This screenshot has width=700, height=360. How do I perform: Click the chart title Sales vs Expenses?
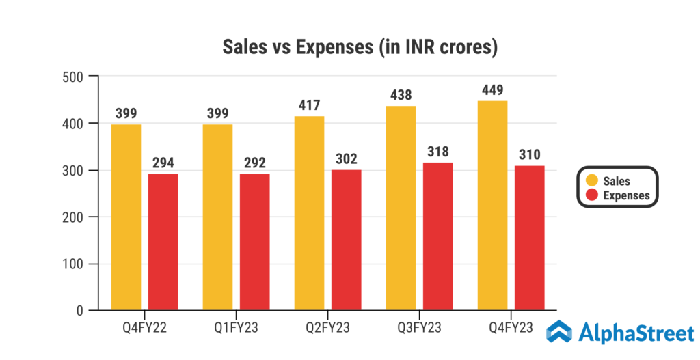click(360, 48)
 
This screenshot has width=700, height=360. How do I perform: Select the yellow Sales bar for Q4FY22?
click(126, 217)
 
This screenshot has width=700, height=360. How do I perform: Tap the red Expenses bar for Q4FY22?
click(163, 243)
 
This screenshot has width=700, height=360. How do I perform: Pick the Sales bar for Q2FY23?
click(309, 213)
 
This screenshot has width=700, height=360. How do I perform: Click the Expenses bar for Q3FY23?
click(438, 236)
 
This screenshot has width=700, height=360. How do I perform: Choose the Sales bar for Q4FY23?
click(493, 206)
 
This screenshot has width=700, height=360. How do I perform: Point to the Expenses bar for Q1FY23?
click(254, 243)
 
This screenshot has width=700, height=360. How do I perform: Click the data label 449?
click(492, 89)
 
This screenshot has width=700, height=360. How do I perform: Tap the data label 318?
click(438, 151)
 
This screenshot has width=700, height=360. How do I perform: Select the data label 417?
click(309, 105)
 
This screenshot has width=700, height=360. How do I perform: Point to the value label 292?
click(254, 163)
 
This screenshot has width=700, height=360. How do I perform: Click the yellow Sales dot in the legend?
click(592, 181)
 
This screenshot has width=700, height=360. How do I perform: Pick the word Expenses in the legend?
click(627, 195)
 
